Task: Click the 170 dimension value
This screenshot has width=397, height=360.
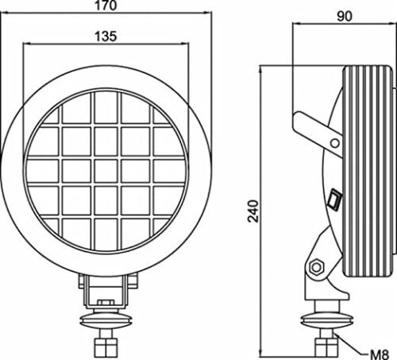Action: click(106, 6)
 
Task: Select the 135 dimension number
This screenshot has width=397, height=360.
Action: click(106, 37)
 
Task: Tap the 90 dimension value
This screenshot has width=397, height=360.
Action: click(345, 17)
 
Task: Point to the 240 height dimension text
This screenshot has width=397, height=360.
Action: click(253, 211)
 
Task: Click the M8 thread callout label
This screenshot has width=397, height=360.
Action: click(379, 354)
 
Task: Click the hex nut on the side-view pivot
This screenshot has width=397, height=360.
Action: click(316, 267)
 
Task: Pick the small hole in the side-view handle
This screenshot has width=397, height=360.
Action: click(335, 143)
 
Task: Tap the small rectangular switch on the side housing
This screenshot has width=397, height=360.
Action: click(335, 199)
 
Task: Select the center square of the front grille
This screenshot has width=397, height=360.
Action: click(106, 171)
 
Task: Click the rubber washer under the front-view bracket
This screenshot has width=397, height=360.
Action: click(106, 319)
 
